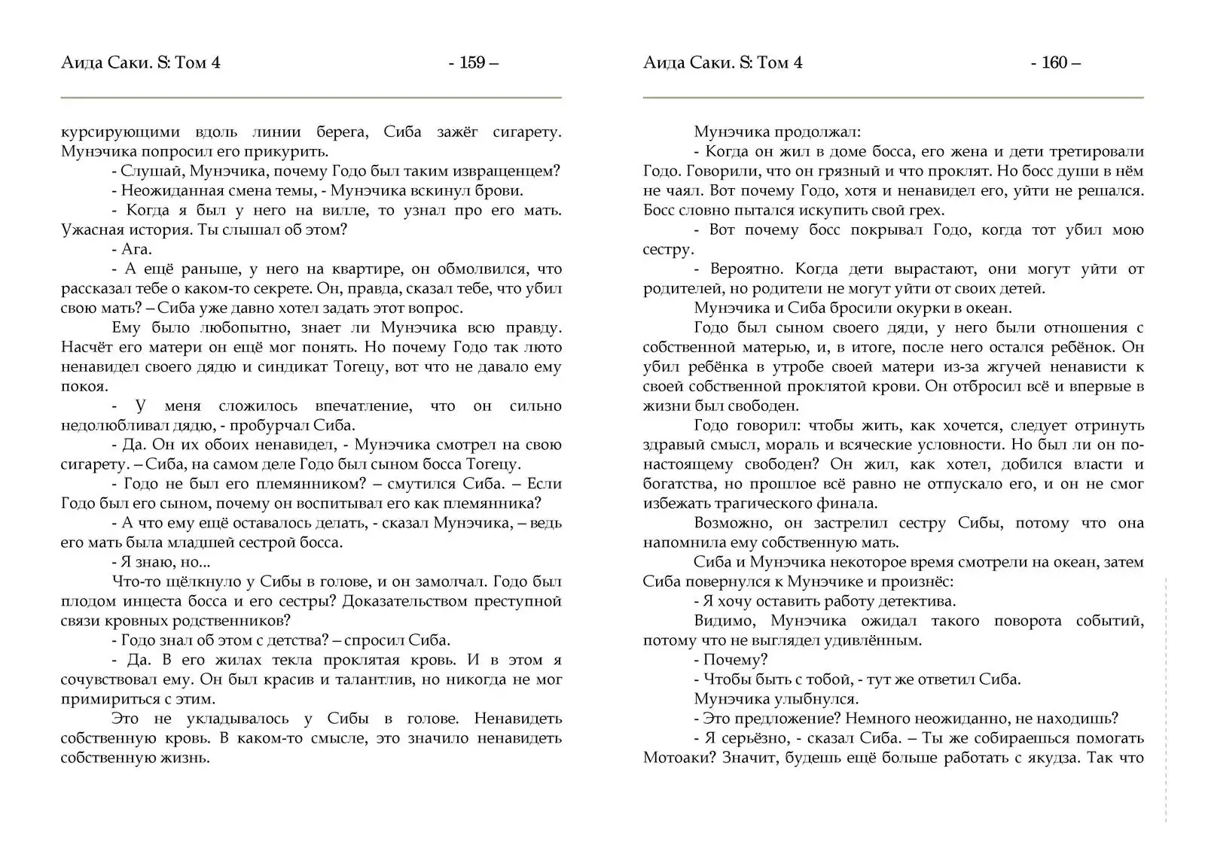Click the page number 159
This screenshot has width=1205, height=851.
click(472, 63)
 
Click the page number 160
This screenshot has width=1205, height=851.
click(1054, 63)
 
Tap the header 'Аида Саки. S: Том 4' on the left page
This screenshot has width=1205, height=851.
click(141, 63)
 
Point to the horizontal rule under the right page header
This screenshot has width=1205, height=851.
click(892, 98)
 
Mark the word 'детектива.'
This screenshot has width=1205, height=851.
click(918, 601)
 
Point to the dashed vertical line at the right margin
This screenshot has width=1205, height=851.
click(1165, 700)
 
